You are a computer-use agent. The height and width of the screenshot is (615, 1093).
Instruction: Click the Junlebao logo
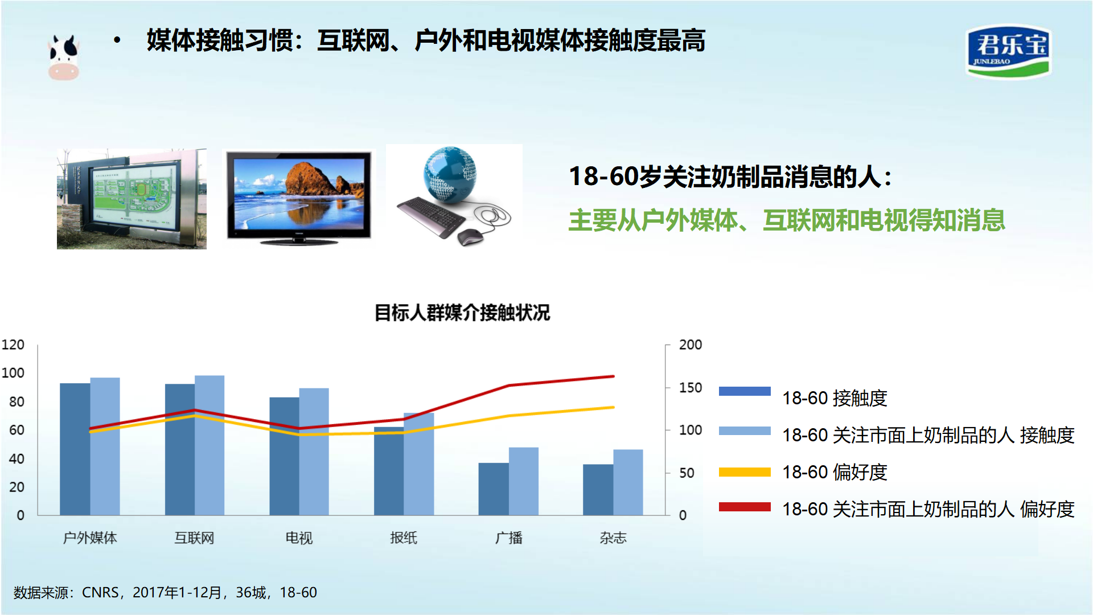click(x=1008, y=51)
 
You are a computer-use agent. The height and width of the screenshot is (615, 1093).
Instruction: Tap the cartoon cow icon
click(x=63, y=57)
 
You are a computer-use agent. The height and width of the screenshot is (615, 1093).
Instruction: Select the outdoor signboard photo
click(x=132, y=199)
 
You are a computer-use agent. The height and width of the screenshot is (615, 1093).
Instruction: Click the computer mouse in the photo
click(x=470, y=236)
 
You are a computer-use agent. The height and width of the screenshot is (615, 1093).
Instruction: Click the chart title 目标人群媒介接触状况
click(x=462, y=313)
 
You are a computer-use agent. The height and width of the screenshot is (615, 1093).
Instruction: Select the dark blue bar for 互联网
click(x=180, y=449)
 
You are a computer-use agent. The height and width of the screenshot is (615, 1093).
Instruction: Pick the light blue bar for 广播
click(x=524, y=481)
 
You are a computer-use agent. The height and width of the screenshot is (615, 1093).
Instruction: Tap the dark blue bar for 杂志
click(x=598, y=490)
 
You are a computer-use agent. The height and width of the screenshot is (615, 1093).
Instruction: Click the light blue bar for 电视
click(x=314, y=452)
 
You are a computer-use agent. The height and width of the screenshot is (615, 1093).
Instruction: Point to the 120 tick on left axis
click(x=13, y=345)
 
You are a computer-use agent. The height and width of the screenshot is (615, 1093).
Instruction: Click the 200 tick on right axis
click(x=691, y=345)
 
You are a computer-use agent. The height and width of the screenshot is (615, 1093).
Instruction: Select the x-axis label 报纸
click(x=404, y=538)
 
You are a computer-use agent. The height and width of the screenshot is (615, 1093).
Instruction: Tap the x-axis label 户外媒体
click(x=90, y=538)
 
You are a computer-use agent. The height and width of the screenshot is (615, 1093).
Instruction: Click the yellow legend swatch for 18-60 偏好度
click(x=745, y=472)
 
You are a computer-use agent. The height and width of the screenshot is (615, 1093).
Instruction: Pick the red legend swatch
click(x=745, y=507)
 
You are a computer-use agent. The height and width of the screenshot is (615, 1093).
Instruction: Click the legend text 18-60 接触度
click(x=835, y=398)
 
